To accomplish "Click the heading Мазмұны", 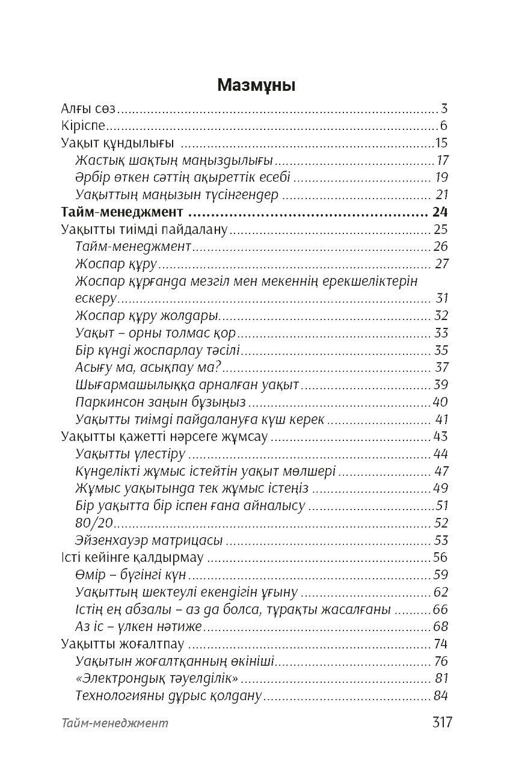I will coord(256,85).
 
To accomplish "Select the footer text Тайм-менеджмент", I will coord(115,723).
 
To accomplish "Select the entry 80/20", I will coord(95,523).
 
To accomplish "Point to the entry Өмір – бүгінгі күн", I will coord(131,574).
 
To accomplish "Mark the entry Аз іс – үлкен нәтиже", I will coord(139,627).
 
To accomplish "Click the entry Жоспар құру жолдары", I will coord(146,315).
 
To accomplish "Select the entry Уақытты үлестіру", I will coord(131,454).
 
